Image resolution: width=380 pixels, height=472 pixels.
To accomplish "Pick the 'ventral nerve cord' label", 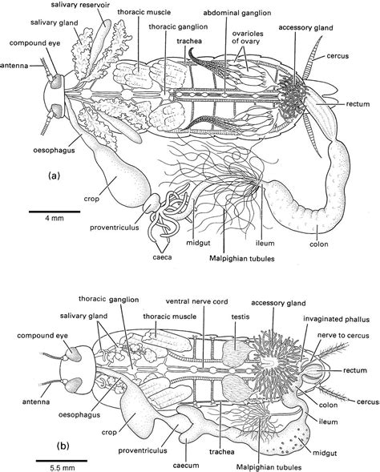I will (199, 302).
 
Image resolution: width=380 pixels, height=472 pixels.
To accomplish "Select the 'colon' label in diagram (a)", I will (316, 236).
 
